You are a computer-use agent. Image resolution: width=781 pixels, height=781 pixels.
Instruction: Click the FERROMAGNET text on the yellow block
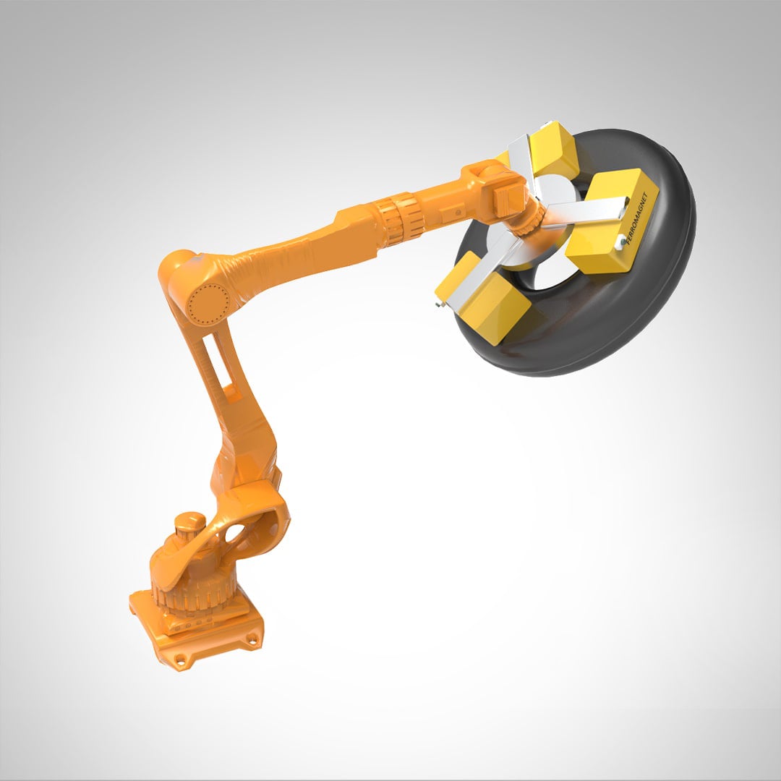click(643, 221)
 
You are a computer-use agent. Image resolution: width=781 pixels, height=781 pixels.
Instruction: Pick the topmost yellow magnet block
click(551, 150)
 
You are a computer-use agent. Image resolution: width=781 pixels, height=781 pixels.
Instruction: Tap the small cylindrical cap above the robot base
click(190, 522)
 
